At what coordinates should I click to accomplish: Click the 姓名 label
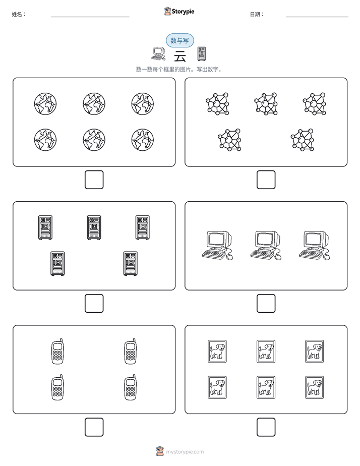tap(19, 14)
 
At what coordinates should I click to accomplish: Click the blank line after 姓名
tap(90, 17)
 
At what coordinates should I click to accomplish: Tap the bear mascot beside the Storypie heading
tap(167, 11)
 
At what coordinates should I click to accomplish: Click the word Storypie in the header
tap(183, 12)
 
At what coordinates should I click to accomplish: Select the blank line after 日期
tap(317, 17)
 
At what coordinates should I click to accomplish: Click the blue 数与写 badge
tap(179, 40)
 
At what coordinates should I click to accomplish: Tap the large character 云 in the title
tap(180, 56)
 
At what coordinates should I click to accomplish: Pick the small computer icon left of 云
tap(158, 53)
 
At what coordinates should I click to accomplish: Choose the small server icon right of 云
tap(202, 54)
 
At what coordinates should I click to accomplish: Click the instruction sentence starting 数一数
tap(179, 70)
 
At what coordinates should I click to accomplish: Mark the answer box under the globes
tap(94, 180)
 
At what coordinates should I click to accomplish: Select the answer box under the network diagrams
tap(266, 180)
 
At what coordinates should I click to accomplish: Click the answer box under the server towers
tap(94, 304)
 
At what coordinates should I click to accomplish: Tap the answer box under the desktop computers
tap(266, 304)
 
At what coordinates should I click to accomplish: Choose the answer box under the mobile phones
tap(94, 427)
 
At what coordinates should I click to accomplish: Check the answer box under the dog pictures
tap(266, 427)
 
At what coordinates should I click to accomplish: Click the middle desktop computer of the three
tap(266, 246)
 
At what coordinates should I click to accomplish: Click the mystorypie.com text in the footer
tap(185, 452)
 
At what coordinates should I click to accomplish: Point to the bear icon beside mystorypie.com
tap(160, 451)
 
